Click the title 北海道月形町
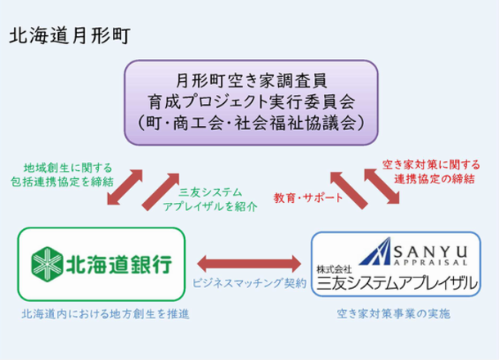(x=68, y=37)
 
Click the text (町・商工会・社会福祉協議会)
(x=252, y=120)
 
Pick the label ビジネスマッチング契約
(x=249, y=282)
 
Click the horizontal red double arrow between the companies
(x=248, y=263)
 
